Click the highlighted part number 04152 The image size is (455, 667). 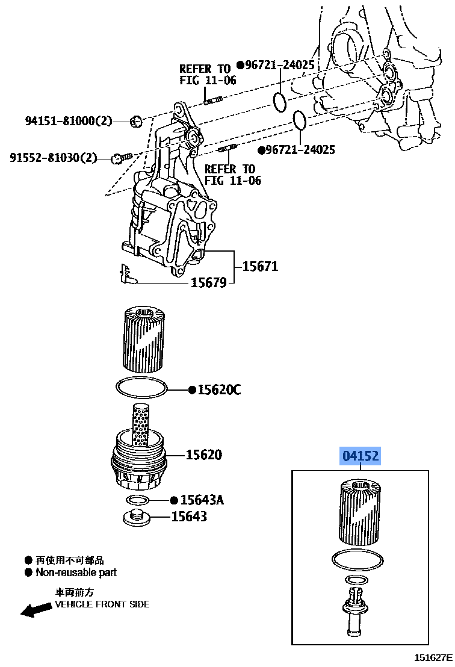coord(360,456)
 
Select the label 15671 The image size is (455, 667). coord(260,267)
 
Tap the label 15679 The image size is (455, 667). coord(208,282)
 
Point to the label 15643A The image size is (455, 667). coord(202,500)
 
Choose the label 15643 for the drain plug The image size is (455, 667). coord(189,517)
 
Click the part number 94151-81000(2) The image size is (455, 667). coord(69,121)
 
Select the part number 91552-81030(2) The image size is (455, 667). coord(54,158)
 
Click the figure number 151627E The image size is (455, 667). coord(433,657)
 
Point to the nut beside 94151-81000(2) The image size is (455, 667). coord(136,121)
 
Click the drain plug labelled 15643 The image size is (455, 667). coord(137,517)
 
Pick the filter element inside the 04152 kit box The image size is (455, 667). coord(360,512)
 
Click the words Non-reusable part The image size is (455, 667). coord(76,572)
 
